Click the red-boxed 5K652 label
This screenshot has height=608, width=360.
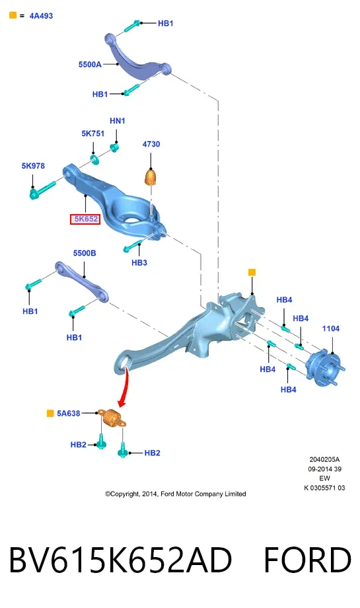tap(85, 219)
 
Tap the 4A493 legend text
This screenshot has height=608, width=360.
tap(41, 16)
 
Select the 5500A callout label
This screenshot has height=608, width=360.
tap(90, 64)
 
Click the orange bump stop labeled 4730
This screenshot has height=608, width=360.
tap(151, 177)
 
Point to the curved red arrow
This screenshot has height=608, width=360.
tap(124, 388)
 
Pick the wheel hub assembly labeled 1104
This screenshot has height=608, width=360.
tap(325, 369)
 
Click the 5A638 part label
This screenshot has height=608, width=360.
tap(68, 413)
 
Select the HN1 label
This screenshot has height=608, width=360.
tap(118, 121)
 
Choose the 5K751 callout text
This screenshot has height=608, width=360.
tap(93, 133)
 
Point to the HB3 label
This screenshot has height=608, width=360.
tap(139, 262)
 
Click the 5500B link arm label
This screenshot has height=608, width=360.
tap(85, 253)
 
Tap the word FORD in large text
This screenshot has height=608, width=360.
tap(308, 560)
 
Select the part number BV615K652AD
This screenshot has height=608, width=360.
tap(120, 560)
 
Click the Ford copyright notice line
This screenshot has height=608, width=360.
tap(176, 494)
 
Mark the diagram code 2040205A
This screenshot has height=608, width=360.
tap(324, 459)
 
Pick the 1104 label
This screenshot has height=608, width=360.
tap(330, 328)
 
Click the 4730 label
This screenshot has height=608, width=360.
tap(151, 144)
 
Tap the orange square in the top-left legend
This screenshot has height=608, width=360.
tap(13, 15)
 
